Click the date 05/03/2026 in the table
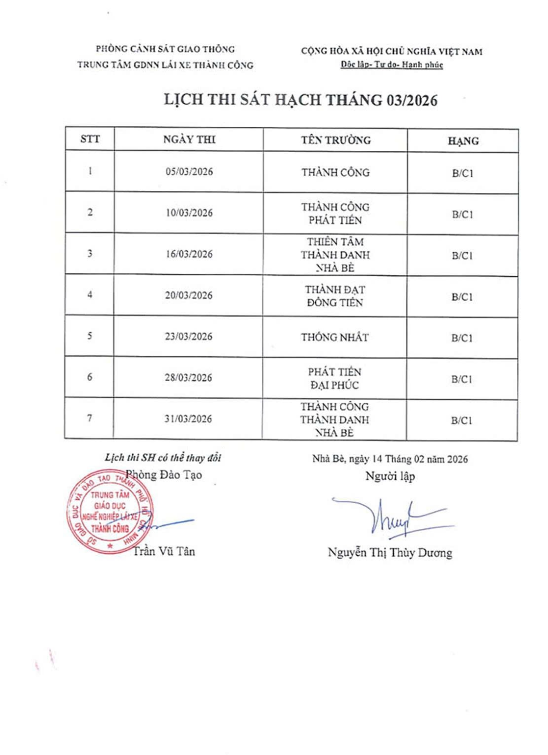coord(189,172)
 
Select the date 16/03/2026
coord(189,254)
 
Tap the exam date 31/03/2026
coord(188,419)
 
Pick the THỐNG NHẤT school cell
coord(335,337)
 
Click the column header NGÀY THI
coord(189,139)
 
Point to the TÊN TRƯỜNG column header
coord(336,140)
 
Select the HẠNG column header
coord(463,141)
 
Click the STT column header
coord(90,139)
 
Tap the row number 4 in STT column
coord(89,295)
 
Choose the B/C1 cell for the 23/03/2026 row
coord(462,338)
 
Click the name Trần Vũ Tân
coord(164,551)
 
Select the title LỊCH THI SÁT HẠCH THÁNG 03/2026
coord(301,100)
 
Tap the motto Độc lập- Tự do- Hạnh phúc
coord(392,64)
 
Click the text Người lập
coord(390,476)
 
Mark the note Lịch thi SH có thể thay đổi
coord(163,458)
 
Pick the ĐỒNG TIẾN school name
coord(335,303)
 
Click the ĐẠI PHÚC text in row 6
coord(335,385)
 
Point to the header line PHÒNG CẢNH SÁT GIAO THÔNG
coord(165,49)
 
